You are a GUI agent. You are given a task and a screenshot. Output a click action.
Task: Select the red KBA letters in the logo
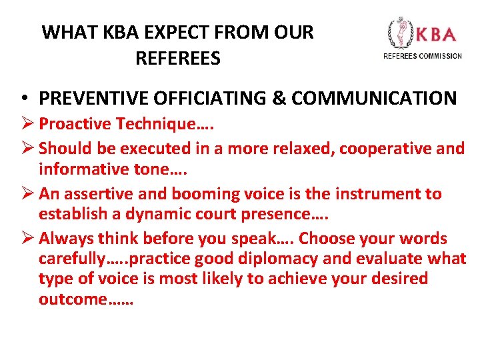click(x=437, y=34)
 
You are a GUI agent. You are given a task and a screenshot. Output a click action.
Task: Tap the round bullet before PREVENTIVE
click(x=23, y=99)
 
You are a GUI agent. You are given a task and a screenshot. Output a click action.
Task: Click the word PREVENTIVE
click(x=91, y=99)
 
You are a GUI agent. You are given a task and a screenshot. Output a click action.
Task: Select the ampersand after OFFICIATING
click(x=278, y=99)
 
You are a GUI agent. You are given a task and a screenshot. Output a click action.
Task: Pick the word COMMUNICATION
click(x=374, y=99)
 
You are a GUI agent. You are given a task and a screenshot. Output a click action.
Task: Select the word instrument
click(x=379, y=194)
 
